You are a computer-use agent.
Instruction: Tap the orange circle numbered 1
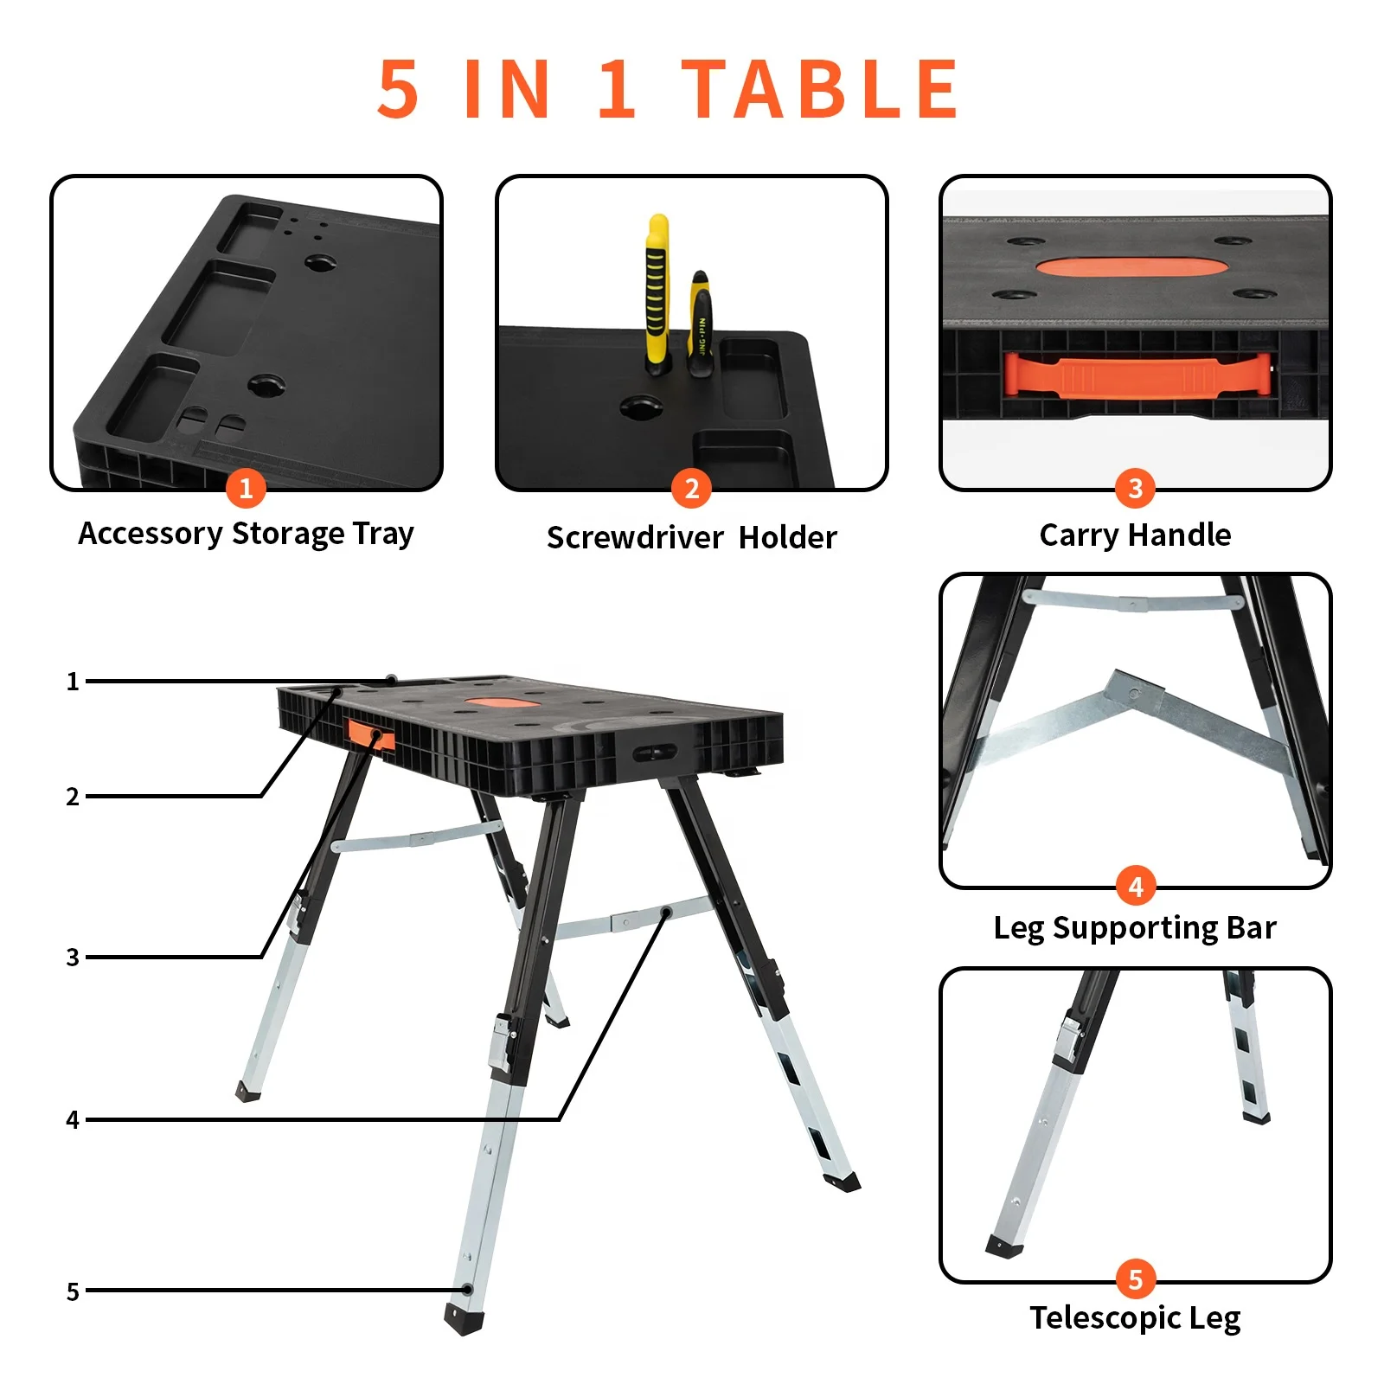246,489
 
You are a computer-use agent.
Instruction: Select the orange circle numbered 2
691,489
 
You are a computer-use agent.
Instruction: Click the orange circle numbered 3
1135,489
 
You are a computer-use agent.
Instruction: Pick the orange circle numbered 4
1135,886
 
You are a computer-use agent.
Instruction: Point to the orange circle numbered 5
1135,1279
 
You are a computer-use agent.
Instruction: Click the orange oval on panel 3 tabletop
1131,267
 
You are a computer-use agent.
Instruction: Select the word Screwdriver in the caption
634,538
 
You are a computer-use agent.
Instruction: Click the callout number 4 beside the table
73,1120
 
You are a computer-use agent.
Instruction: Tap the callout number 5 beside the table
73,1291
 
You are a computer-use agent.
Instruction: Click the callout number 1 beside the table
73,682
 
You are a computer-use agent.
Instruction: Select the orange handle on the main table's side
371,735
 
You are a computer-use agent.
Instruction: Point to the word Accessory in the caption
151,534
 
